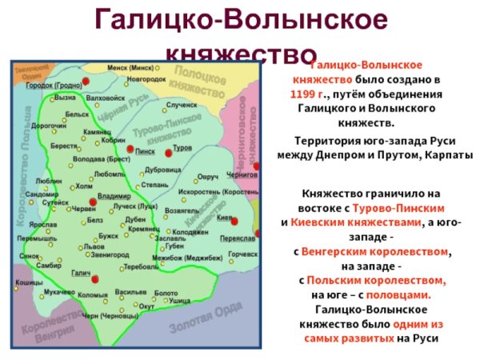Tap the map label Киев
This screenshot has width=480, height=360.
coord(225,216)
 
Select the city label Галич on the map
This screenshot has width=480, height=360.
coord(80,274)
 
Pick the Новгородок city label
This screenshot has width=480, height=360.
coord(146,80)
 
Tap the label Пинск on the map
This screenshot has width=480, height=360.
coord(146,150)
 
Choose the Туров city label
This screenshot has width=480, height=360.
coord(182,150)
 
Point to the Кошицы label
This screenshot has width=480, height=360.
coord(29,283)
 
